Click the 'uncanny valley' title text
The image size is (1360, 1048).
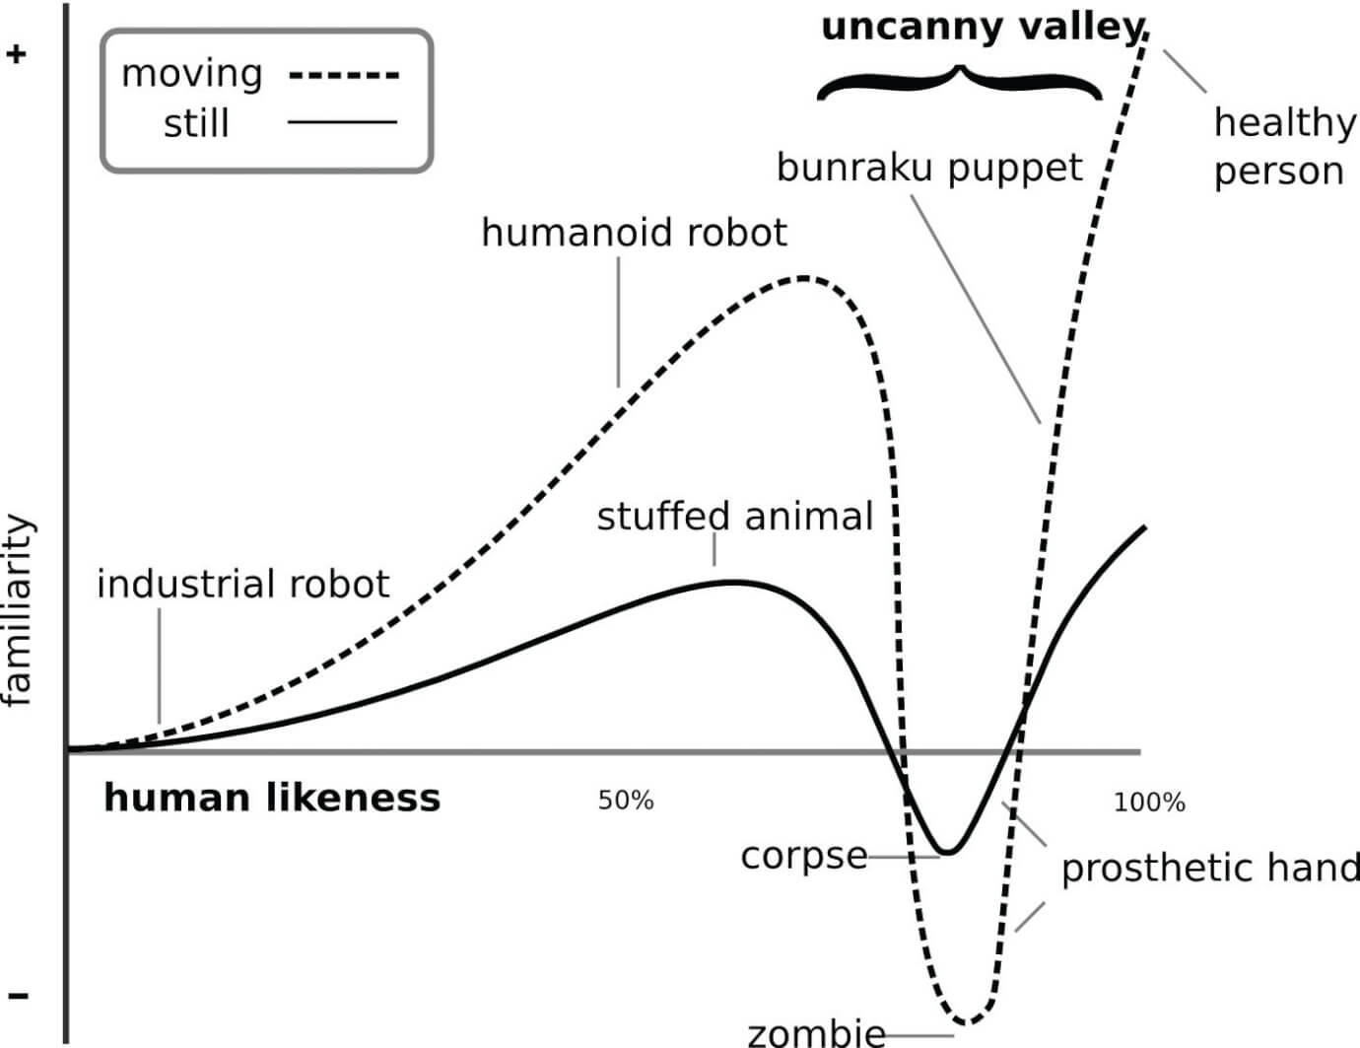(983, 30)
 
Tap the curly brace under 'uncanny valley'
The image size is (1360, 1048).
(960, 82)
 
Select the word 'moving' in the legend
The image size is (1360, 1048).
(191, 75)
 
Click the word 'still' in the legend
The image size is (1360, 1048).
(196, 123)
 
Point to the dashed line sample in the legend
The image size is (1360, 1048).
(344, 76)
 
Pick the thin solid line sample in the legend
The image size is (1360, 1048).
(342, 122)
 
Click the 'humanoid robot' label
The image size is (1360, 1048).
(634, 233)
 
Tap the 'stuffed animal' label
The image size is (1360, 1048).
(735, 517)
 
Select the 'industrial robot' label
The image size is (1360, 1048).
(243, 584)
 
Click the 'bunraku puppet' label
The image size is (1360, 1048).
(929, 169)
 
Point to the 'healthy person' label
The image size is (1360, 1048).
(1284, 147)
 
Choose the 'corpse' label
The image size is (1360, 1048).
(803, 857)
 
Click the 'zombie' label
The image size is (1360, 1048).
(817, 1033)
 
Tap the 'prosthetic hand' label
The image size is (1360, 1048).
(1210, 870)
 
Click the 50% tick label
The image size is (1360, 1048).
(626, 801)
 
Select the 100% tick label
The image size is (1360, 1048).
(1150, 803)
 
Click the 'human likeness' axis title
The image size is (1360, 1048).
(272, 799)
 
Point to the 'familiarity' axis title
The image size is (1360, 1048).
(18, 609)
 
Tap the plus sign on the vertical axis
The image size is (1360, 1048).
(17, 54)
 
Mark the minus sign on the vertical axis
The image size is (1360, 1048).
(18, 996)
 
